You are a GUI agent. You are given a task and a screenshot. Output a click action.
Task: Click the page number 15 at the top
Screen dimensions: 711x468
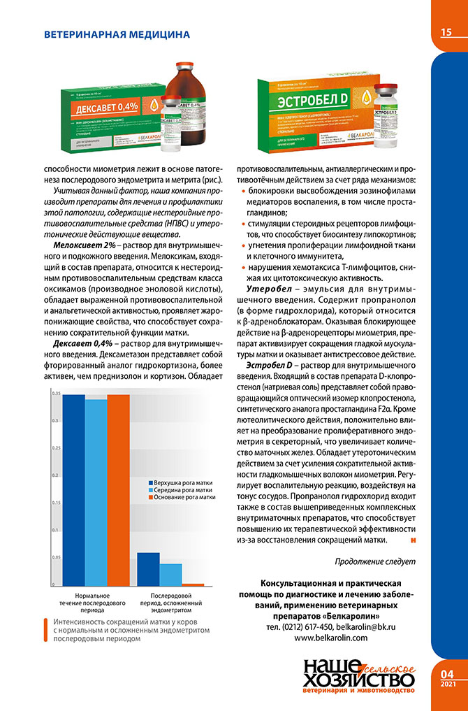click(446, 32)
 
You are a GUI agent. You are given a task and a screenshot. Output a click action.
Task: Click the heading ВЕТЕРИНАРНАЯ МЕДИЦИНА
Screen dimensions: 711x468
click(117, 34)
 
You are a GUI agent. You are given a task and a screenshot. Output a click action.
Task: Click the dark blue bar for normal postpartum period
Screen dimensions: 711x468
click(74, 489)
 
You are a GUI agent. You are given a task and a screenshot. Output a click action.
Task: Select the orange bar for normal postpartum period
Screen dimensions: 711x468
click(117, 489)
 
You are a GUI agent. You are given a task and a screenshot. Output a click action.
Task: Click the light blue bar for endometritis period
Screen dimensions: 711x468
click(170, 574)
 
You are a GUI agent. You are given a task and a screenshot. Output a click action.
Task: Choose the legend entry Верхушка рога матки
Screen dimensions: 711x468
click(183, 483)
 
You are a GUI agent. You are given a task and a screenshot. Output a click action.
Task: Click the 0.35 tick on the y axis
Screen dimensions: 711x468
click(55, 394)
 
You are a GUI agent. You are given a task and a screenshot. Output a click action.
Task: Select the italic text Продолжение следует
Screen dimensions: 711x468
click(375, 561)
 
